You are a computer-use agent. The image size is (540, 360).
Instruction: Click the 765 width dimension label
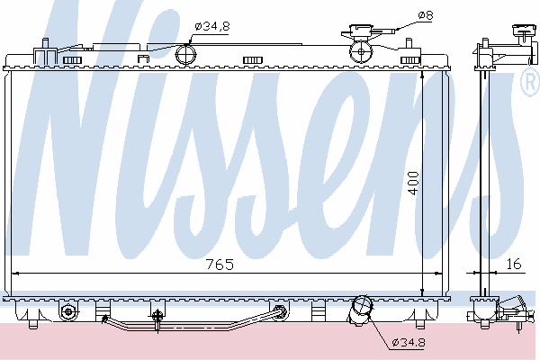(220, 265)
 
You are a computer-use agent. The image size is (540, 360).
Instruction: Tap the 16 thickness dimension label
(514, 264)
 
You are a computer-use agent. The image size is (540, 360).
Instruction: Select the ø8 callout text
(426, 15)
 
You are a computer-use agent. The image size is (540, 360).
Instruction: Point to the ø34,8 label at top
(212, 26)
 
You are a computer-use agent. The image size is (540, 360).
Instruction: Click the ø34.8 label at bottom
(409, 342)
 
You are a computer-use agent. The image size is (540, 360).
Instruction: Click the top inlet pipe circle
(186, 54)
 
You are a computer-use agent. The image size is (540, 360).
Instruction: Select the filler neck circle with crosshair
(361, 51)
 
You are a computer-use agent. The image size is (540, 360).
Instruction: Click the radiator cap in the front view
(361, 31)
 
